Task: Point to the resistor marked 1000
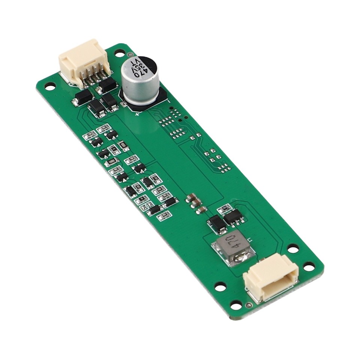111,161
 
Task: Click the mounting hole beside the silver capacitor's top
119,53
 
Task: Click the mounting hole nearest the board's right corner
309,267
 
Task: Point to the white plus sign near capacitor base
137,114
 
